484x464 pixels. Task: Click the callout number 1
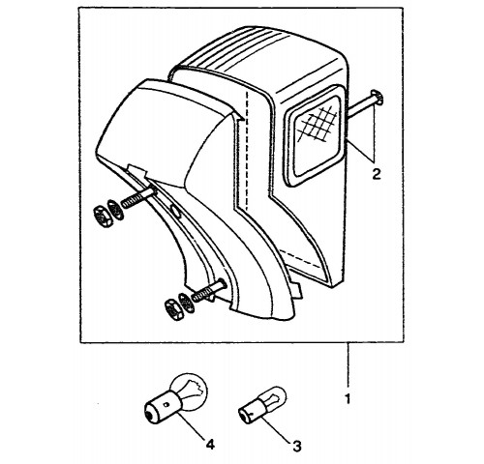(348, 399)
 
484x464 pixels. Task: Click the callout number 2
(377, 174)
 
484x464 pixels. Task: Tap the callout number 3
(297, 447)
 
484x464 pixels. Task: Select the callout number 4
(210, 445)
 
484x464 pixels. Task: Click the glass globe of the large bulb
(191, 390)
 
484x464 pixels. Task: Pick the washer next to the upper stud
(115, 210)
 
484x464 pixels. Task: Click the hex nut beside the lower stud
(173, 309)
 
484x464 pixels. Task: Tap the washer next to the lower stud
(186, 303)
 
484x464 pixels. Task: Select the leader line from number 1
(348, 365)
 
